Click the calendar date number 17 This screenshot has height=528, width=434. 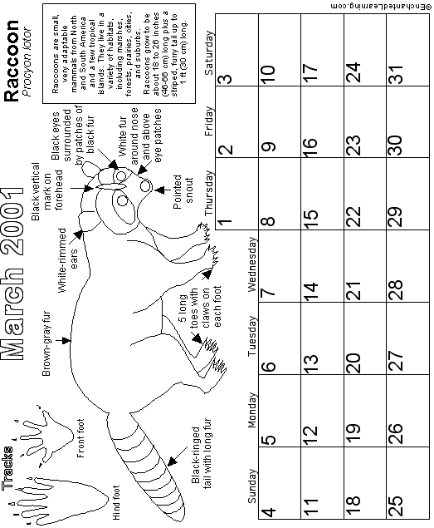310,72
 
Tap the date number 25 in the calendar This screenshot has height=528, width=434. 396,506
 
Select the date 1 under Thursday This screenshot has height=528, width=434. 225,222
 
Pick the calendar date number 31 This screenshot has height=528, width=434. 396,73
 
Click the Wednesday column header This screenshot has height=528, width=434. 251,264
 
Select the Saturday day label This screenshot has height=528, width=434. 209,53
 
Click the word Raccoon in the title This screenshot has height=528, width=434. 12,61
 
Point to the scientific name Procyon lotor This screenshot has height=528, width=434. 27,62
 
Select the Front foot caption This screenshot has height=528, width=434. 80,438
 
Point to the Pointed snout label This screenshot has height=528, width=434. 183,191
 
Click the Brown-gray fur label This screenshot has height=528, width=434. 46,343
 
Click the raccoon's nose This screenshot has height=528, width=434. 146,186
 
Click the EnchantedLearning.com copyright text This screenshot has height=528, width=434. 378,7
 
